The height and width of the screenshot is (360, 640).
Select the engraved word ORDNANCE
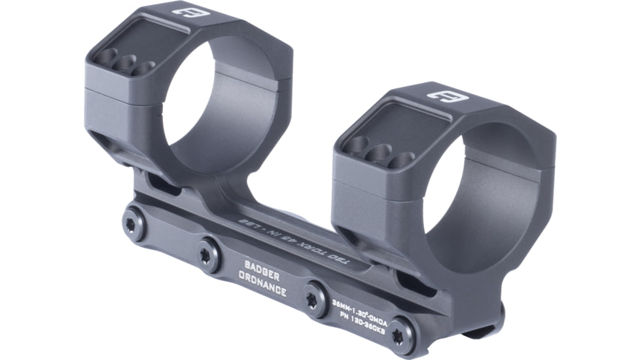coord(262,285)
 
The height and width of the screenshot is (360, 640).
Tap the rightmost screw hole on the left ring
coord(144,68)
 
